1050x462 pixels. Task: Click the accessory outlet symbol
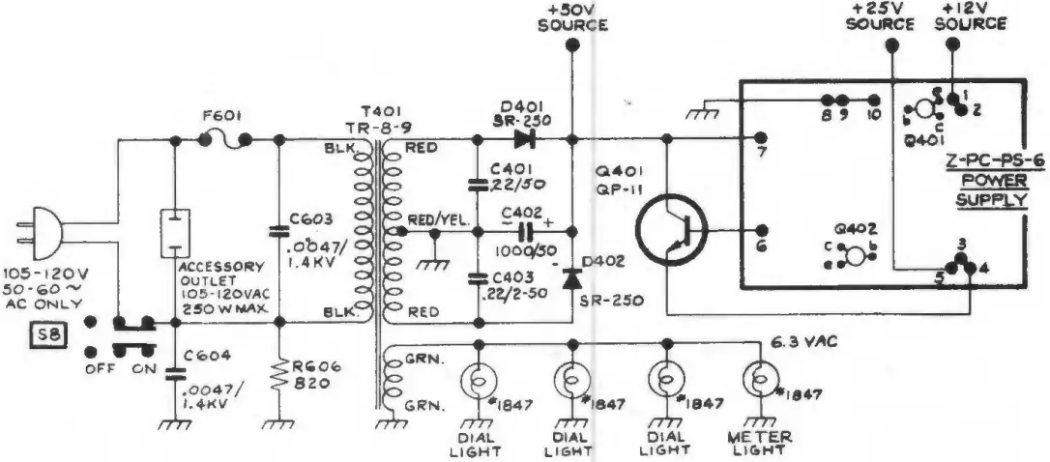point(175,232)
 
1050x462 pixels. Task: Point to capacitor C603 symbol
point(278,232)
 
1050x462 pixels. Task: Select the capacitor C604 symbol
point(175,374)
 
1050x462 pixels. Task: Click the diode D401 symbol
point(525,140)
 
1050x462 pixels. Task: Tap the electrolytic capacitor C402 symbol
point(525,231)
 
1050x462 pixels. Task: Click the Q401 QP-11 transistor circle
point(672,232)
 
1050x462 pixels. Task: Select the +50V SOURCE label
point(572,16)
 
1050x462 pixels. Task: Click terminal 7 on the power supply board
point(761,140)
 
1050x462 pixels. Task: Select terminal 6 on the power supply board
point(761,231)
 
